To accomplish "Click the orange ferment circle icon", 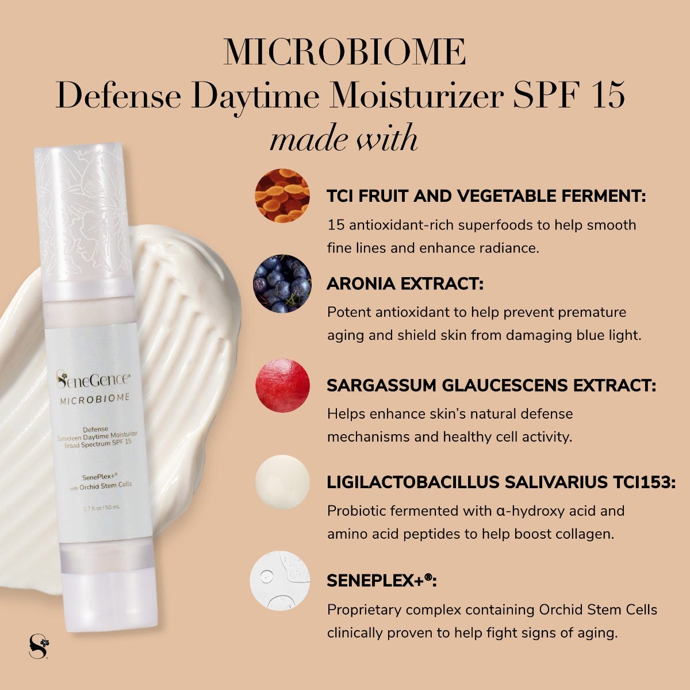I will pos(282,195).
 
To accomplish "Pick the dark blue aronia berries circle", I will pos(282,283).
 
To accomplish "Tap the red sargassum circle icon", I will pos(282,385).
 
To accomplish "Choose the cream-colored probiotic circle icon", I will pos(282,482).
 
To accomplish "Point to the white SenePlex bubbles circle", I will pos(280,581).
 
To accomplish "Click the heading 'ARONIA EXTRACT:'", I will pos(405,283).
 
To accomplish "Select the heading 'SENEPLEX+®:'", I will pos(381,581).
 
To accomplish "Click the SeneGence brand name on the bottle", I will pos(93,379).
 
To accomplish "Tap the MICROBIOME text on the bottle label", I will pos(95,398).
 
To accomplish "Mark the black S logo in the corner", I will pos(38,645).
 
